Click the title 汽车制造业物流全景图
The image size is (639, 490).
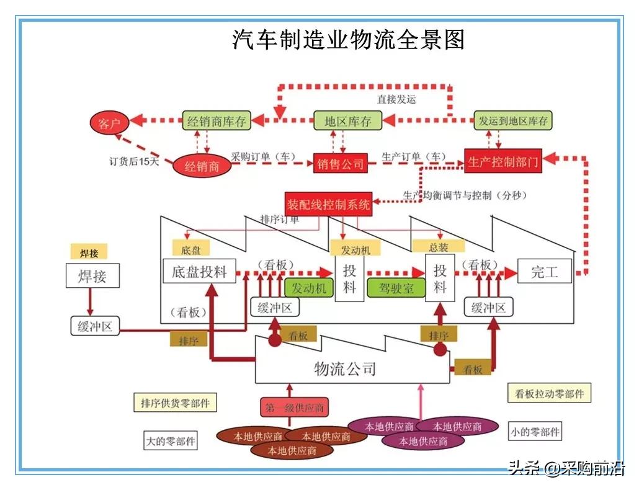coord(348,40)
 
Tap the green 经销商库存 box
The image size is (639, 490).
coord(216,121)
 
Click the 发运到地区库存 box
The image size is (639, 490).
coord(513,121)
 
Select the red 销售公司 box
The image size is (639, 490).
coord(340,164)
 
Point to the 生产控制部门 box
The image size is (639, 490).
coord(503,162)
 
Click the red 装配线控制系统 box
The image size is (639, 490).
coord(328,204)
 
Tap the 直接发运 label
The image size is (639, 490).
coord(396,99)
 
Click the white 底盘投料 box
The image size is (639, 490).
coord(199,272)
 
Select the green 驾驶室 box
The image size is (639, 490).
coord(396,288)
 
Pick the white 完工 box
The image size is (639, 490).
coord(544,272)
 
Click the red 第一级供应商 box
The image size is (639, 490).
coord(294,408)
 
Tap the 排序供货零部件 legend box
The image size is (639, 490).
coord(174,403)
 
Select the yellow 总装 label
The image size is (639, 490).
coord(439,247)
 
